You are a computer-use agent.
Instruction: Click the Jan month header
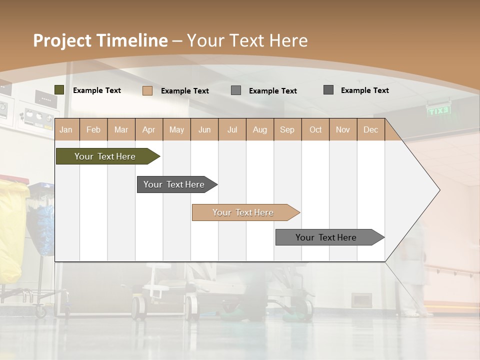tap(66, 129)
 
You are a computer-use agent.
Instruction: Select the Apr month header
tap(148, 129)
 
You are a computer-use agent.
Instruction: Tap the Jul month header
tap(232, 129)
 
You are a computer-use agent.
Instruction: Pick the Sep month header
tap(287, 129)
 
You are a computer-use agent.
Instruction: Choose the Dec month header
tap(370, 129)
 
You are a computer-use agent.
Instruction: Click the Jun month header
tap(204, 129)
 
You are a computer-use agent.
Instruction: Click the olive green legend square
tap(59, 90)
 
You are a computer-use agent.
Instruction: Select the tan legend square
tap(147, 90)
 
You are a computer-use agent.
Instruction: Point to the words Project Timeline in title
tap(100, 40)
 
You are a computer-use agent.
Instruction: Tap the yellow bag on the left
tap(12, 230)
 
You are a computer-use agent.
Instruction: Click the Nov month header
tap(342, 129)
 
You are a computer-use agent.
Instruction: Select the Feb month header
tap(93, 129)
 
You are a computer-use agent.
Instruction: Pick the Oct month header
tap(315, 129)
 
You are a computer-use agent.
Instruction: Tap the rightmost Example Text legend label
tap(364, 90)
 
